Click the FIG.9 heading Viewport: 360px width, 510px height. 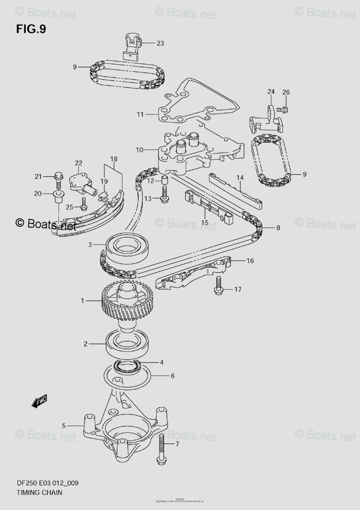coord(31,29)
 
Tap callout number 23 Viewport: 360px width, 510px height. coord(160,43)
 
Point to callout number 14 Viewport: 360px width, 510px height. coord(240,177)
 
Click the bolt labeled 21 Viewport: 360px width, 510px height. coord(59,181)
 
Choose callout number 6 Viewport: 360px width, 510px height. coord(173,376)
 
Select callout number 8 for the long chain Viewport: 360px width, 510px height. coord(278,228)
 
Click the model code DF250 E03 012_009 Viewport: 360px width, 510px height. coord(47,483)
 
